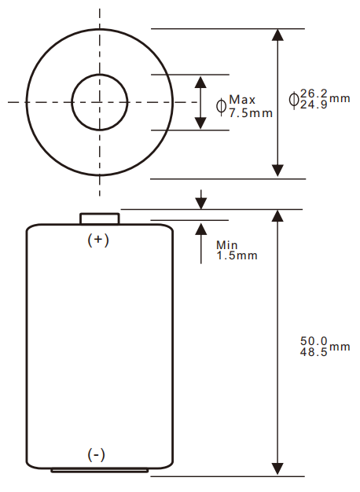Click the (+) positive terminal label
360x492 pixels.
(x=97, y=240)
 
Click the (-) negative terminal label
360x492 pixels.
(x=97, y=455)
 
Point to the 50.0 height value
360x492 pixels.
(x=314, y=341)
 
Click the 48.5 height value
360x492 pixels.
(x=314, y=351)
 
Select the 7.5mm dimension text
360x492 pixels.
(x=251, y=112)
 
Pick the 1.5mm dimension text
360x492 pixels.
(x=236, y=255)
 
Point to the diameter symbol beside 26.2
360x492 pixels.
(x=294, y=99)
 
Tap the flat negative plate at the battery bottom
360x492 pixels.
(x=99, y=470)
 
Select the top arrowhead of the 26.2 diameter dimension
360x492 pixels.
(x=277, y=35)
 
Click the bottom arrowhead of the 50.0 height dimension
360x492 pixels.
(x=277, y=469)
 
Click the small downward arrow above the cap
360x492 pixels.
(x=201, y=203)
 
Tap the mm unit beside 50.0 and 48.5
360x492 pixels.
(x=339, y=347)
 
